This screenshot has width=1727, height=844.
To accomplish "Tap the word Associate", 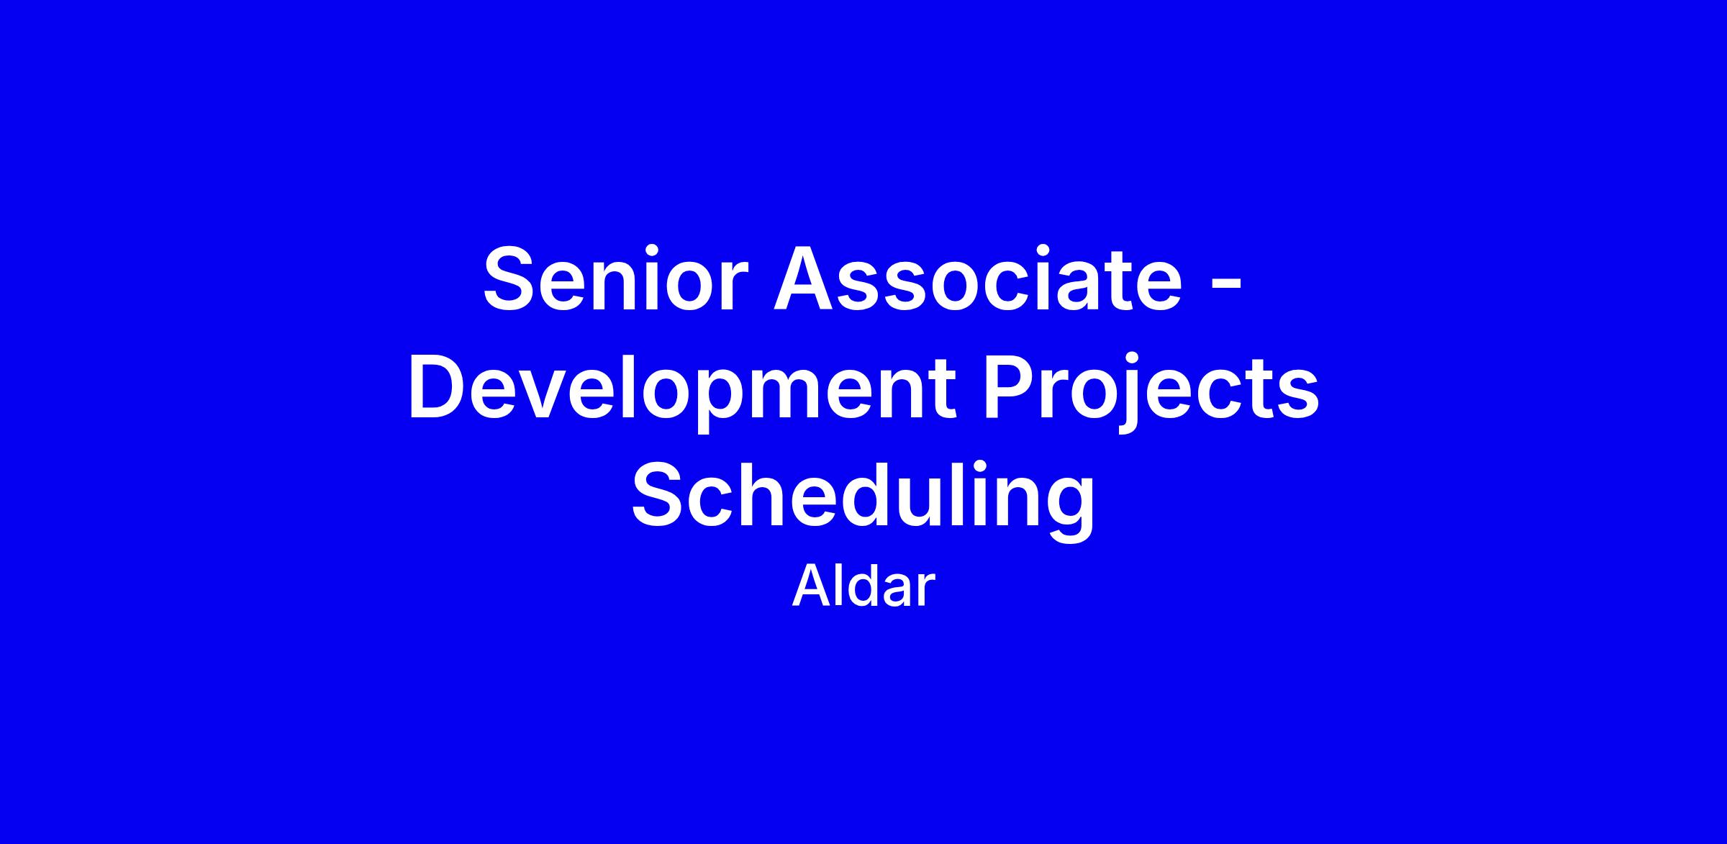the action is coord(977,278).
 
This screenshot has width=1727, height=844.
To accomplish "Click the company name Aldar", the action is coord(863,587).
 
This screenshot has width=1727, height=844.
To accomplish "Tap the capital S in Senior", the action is coord(512,278).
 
